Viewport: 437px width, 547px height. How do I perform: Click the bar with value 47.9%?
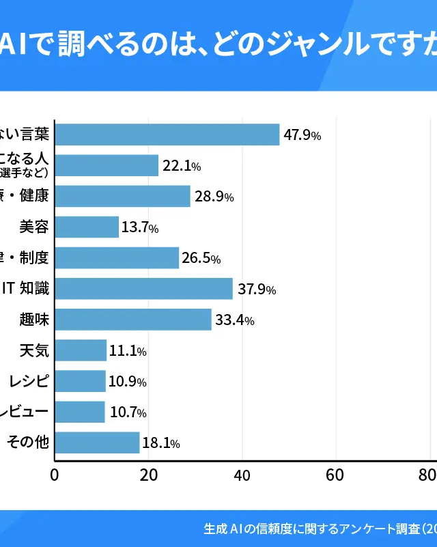[x=167, y=135]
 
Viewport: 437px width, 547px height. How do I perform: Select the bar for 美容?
[x=87, y=227]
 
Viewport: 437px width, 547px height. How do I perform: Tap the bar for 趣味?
[x=133, y=319]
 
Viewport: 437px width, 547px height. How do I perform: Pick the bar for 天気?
[x=81, y=350]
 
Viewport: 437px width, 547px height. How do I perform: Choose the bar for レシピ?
[x=80, y=381]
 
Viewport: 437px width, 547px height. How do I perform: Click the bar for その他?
[x=97, y=443]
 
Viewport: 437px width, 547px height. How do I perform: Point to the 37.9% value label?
[x=257, y=290]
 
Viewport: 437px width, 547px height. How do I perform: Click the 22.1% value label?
[x=182, y=166]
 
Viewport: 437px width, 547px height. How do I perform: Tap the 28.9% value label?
[x=214, y=197]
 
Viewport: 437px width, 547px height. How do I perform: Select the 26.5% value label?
[x=201, y=259]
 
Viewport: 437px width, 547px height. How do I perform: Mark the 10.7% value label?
[x=127, y=412]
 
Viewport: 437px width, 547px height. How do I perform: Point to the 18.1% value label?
[x=161, y=443]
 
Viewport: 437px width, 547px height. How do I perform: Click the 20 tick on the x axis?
[x=148, y=475]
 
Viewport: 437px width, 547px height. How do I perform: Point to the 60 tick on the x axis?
[x=335, y=475]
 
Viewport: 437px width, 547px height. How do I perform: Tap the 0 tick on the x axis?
[x=55, y=475]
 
